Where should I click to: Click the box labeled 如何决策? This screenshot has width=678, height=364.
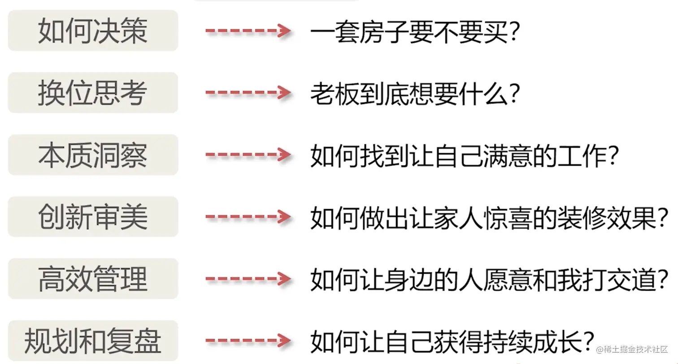[x=93, y=30]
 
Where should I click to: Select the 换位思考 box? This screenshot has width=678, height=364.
[x=93, y=93]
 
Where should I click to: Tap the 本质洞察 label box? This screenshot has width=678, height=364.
[x=93, y=155]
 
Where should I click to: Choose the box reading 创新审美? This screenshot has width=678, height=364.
[x=93, y=217]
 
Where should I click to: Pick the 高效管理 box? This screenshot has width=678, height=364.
[x=93, y=279]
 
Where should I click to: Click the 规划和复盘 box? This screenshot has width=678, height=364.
[x=93, y=341]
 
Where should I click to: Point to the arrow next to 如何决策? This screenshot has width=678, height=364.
[x=248, y=31]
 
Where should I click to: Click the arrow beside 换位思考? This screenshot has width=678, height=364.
[x=248, y=93]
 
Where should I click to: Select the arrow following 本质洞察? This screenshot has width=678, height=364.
[x=248, y=155]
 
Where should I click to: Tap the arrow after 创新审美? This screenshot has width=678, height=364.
[x=248, y=217]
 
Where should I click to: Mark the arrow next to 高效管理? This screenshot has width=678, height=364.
[x=248, y=279]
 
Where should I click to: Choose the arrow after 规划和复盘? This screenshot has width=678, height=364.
[x=248, y=341]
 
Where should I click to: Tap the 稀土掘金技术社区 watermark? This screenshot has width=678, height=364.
[x=632, y=349]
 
